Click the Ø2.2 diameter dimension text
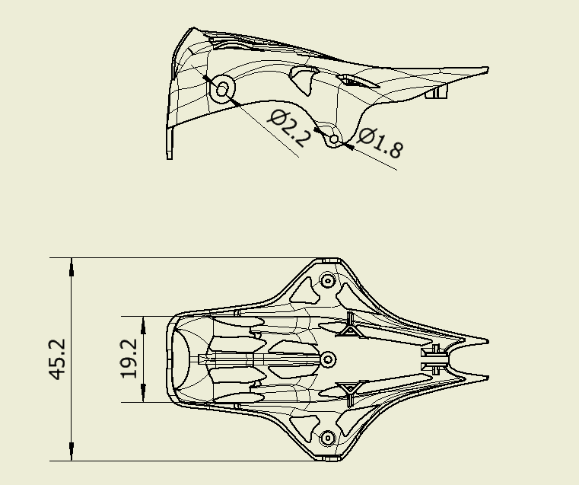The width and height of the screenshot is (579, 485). click(x=289, y=128)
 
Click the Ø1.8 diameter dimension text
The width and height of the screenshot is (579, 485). click(x=380, y=143)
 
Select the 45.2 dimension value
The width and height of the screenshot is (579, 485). click(x=57, y=359)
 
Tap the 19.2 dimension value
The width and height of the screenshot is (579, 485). click(x=129, y=359)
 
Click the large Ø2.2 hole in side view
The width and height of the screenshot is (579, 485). click(x=222, y=89)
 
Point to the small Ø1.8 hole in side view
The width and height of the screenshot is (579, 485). click(x=334, y=140)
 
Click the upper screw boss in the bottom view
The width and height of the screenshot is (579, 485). click(x=327, y=280)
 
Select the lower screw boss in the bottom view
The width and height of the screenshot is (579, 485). click(x=327, y=439)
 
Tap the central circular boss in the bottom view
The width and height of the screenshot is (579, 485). click(x=327, y=359)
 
